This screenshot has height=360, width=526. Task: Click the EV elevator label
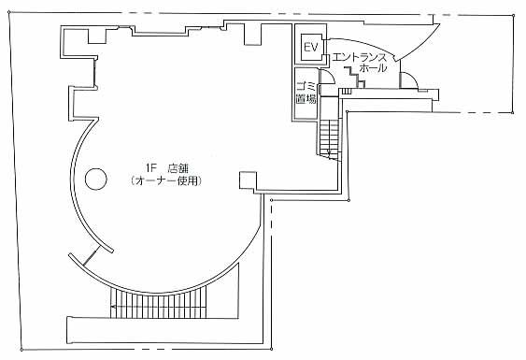click(310, 47)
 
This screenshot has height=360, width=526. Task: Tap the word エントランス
click(359, 57)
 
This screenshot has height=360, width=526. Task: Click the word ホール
click(373, 68)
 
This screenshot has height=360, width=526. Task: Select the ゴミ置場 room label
click(306, 93)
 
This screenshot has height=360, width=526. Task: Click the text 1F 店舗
click(166, 168)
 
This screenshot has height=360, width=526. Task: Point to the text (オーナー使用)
click(166, 181)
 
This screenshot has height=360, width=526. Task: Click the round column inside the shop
click(96, 179)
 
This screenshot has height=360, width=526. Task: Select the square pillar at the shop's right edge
click(248, 180)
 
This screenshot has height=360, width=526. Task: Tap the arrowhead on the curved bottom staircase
click(113, 307)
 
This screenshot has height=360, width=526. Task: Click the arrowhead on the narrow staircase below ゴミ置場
click(329, 154)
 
